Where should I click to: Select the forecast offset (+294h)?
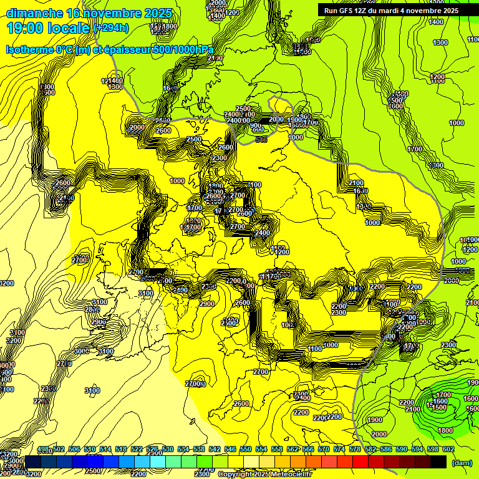coord(112,28)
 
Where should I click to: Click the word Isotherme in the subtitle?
coord(29,49)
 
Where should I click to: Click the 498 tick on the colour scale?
coord(43,449)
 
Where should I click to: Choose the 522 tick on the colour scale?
coord(137,449)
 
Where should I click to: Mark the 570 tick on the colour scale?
coord(323,449)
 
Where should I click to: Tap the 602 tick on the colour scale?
coord(447,449)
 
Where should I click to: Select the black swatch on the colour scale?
coord(438,462)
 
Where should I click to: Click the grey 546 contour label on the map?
coord(261,140)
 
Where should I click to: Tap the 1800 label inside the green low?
coord(445,430)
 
